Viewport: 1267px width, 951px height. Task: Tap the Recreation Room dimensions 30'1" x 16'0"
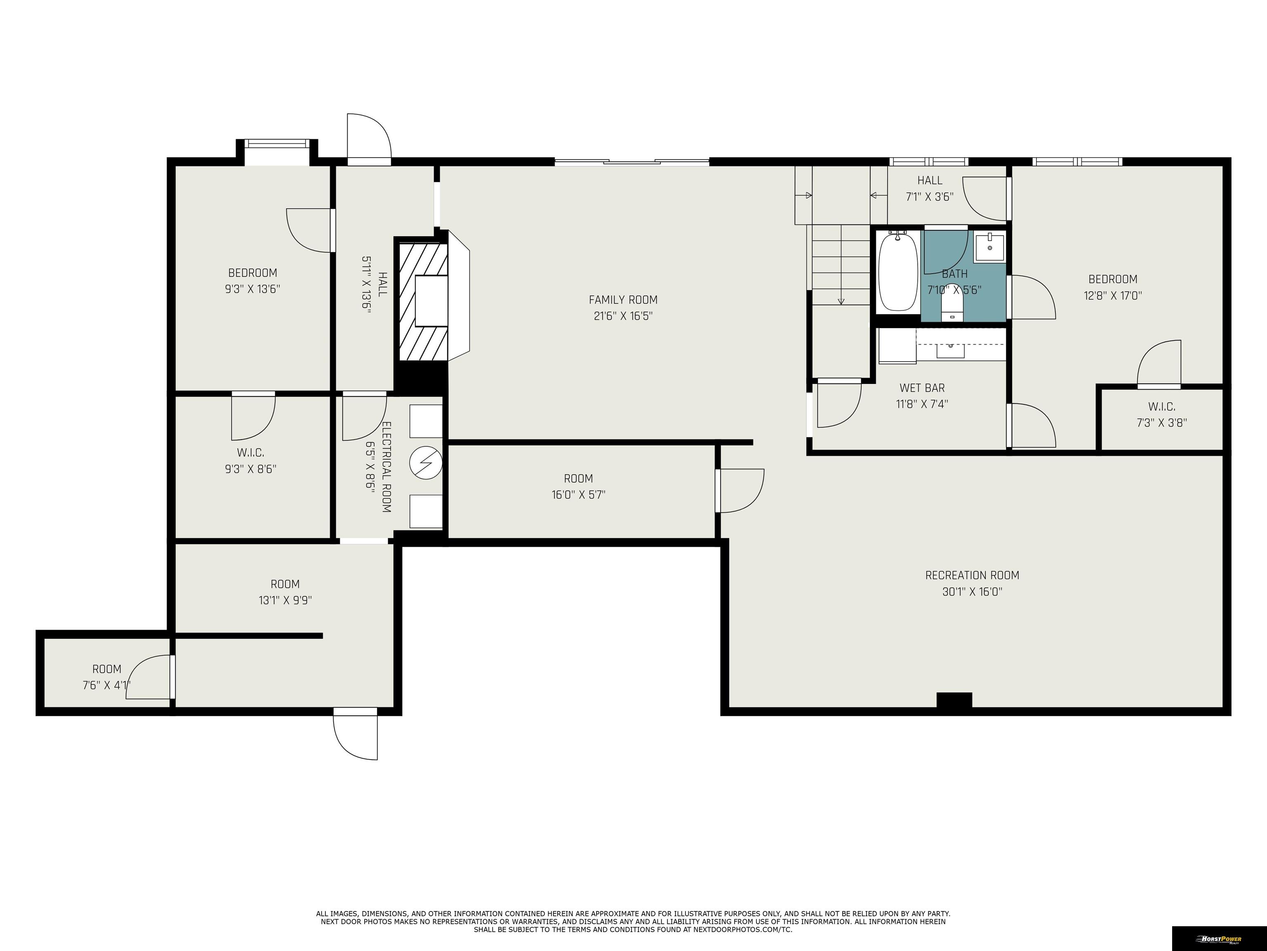tap(972, 591)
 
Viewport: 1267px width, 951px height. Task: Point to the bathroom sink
tap(990, 248)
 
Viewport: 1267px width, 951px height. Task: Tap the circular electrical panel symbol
tap(426, 462)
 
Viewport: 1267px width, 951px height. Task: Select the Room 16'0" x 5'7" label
tap(579, 487)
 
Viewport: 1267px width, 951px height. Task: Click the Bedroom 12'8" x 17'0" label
tap(1113, 287)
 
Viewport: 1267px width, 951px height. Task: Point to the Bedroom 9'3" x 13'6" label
tap(252, 281)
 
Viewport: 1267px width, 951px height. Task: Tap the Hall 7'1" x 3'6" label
tap(929, 189)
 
